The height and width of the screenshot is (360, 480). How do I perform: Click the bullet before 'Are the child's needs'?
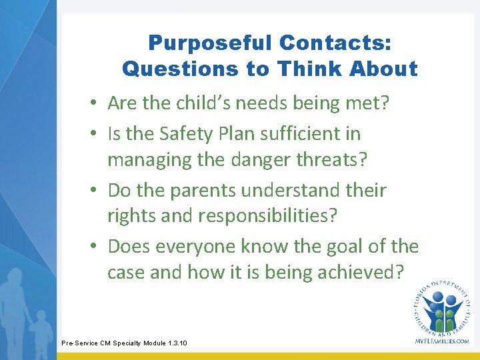tap(97, 104)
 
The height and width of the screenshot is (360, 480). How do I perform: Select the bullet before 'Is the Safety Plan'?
tap(97, 135)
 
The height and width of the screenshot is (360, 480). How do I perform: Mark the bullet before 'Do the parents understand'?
tap(97, 191)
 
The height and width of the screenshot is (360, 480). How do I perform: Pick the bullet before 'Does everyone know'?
tap(97, 247)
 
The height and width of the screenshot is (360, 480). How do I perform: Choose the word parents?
tap(204, 191)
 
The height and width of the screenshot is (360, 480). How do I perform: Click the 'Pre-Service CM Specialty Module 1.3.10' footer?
tap(124, 343)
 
